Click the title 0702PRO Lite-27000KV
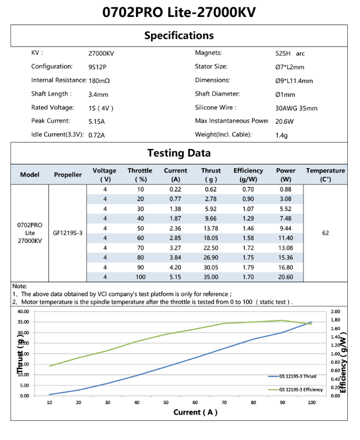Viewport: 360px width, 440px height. [x=179, y=12]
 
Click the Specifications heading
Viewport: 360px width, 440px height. [x=179, y=36]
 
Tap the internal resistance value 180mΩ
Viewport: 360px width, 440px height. [x=99, y=81]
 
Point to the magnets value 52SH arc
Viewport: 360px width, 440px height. [x=286, y=53]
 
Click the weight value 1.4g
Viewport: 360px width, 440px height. [x=281, y=135]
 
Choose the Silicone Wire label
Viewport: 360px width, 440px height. [x=215, y=108]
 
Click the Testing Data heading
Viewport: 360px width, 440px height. [x=179, y=153]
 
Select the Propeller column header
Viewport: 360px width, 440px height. [x=68, y=175]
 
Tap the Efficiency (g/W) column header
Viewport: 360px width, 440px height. [x=248, y=175]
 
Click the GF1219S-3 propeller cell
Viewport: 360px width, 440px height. [x=68, y=233]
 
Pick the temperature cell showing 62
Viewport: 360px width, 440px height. [x=326, y=233]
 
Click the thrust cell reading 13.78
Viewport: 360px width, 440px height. [x=211, y=228]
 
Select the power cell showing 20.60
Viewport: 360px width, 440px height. [x=286, y=277]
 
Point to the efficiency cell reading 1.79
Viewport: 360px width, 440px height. [x=248, y=267]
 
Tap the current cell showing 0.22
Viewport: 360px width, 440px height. [x=176, y=189]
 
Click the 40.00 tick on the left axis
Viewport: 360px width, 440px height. [x=23, y=312]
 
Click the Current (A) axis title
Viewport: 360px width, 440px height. [x=195, y=412]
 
